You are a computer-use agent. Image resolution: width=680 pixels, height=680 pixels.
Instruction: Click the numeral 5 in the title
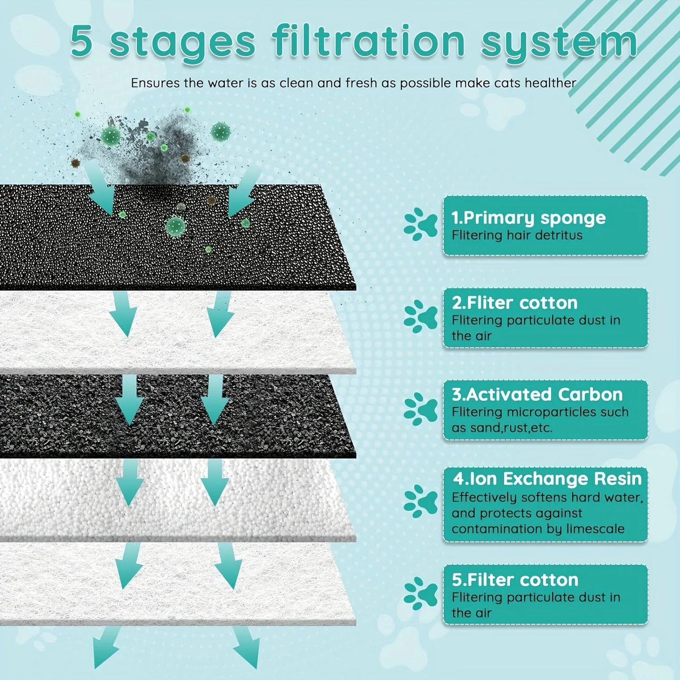[x=81, y=41]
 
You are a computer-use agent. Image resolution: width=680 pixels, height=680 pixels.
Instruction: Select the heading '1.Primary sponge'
[x=528, y=218]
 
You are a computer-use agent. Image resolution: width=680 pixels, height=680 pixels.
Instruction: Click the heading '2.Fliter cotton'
[x=514, y=303]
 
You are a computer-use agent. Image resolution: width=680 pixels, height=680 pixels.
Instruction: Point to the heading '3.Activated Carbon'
[x=537, y=394]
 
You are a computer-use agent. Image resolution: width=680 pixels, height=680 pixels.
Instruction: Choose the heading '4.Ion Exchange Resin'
[x=547, y=479]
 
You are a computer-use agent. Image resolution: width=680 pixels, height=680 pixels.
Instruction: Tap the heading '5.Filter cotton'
[x=515, y=580]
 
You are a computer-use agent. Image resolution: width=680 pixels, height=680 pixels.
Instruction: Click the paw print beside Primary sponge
[x=420, y=225]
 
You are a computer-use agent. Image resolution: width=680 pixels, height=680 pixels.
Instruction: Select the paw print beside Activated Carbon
[x=420, y=409]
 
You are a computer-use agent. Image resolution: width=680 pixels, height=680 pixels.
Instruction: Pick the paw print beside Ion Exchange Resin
[x=420, y=501]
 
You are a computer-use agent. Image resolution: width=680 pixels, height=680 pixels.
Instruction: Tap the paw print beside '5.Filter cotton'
[x=420, y=594]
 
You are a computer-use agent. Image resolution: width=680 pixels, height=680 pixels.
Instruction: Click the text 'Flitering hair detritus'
[x=517, y=235]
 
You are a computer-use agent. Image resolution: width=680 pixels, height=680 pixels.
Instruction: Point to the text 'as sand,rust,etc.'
[x=502, y=428]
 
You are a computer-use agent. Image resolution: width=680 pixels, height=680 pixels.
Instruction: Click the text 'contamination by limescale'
[x=538, y=529]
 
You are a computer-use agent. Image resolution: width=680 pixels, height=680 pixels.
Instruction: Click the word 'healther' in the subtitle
[x=550, y=83]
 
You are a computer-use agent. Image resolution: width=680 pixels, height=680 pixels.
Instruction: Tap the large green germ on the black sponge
[x=176, y=226]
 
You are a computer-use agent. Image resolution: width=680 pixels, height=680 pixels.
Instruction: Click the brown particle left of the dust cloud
[x=75, y=163]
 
